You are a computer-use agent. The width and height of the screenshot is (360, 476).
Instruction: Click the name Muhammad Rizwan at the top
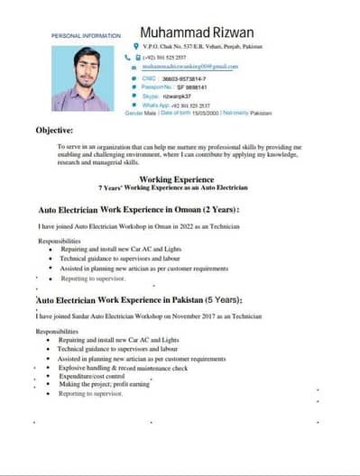point(203,32)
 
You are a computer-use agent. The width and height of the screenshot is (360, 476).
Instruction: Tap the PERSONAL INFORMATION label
point(86,35)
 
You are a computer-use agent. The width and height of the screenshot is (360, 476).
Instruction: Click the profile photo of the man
point(79,78)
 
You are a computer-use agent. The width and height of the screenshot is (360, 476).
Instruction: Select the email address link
point(189,66)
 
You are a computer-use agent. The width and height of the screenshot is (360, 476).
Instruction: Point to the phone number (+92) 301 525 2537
point(171,57)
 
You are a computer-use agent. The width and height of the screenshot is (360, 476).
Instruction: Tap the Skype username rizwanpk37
point(177,96)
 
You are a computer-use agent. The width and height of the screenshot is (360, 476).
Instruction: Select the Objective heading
point(54,130)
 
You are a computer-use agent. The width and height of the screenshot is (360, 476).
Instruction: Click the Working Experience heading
point(176,179)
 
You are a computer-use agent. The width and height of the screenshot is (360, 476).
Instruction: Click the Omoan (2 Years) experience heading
point(139,209)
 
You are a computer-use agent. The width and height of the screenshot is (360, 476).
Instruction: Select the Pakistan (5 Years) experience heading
point(152,299)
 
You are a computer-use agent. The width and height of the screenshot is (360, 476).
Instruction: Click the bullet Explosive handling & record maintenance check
point(124,368)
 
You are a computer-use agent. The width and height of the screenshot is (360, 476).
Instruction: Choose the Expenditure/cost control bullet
point(92,376)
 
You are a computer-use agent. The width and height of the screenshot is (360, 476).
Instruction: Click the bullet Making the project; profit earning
point(105,384)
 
